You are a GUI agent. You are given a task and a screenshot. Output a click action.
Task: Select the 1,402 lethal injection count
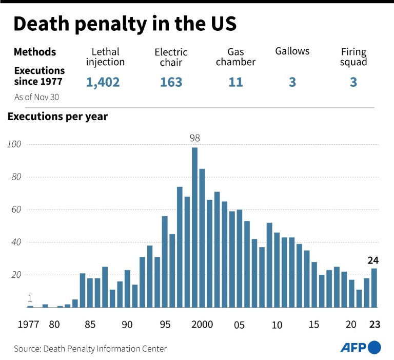click(103, 82)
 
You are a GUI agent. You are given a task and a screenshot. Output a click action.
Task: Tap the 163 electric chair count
click(171, 82)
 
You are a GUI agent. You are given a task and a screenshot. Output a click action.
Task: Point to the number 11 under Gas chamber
click(235, 82)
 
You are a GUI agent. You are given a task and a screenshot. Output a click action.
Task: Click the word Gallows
click(292, 51)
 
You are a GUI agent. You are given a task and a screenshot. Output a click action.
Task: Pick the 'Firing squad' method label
click(353, 56)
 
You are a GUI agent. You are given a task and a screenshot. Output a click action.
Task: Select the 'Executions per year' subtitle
click(57, 117)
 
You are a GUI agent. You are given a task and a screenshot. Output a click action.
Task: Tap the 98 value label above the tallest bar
click(194, 138)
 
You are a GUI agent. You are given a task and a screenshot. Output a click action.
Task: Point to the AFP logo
click(361, 348)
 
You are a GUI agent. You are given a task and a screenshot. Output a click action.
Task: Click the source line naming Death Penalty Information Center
click(90, 349)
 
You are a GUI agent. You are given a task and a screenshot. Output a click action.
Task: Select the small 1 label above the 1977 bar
click(30, 298)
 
